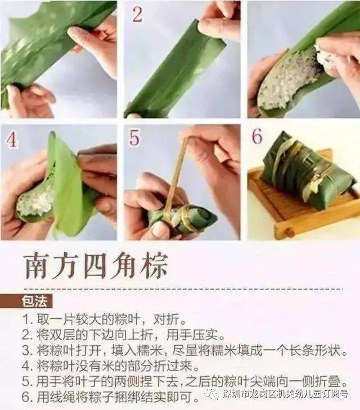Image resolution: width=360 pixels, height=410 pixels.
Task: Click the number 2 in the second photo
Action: tap(138, 15)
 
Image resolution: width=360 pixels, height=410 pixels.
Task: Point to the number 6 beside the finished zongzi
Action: tap(256, 136)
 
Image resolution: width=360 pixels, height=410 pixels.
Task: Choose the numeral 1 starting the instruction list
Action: tap(26, 319)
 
